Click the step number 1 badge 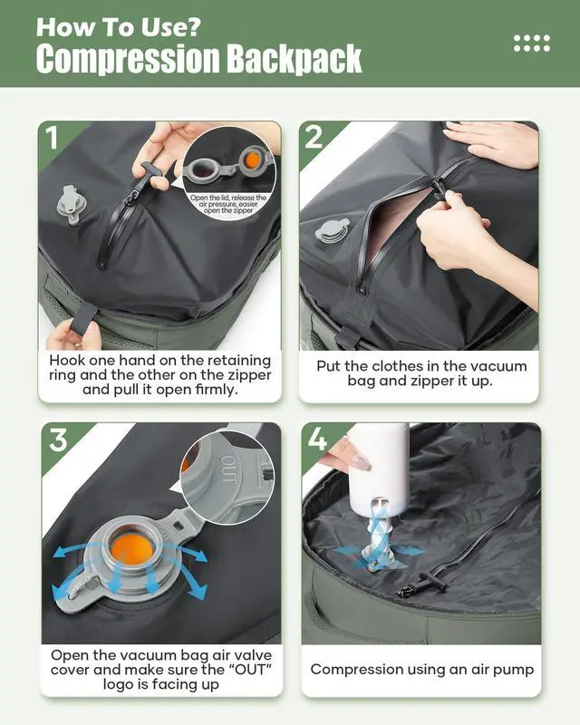(x=53, y=137)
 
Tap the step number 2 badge (x=314, y=137)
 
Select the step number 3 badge (x=59, y=440)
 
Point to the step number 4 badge (x=317, y=439)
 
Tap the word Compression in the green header (x=128, y=59)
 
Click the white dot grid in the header (x=532, y=43)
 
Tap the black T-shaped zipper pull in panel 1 (x=149, y=175)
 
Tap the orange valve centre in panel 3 (x=132, y=550)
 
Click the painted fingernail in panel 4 (x=361, y=461)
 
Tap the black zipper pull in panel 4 (x=430, y=582)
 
